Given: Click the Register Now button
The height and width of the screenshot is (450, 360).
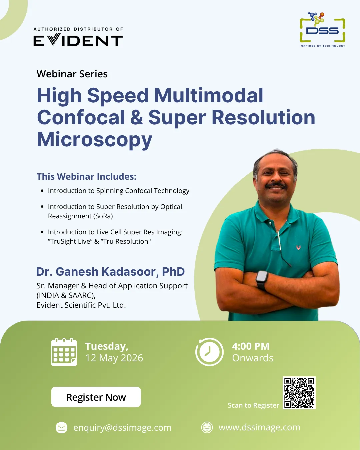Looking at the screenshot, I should coord(96,397).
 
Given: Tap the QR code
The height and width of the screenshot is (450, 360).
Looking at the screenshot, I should coord(299,393).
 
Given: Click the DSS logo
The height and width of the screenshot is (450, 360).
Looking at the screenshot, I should coord(322,30).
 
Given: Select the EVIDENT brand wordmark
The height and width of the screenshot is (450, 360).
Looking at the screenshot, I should coord(78,41).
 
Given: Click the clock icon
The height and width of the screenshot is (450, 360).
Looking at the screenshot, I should coord(209,352).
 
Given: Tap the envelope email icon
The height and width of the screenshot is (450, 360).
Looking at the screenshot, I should coord(62,427).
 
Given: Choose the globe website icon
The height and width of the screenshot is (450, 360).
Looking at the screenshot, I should coord(207,427).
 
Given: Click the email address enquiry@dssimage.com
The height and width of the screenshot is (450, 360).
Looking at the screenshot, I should coord(122,427).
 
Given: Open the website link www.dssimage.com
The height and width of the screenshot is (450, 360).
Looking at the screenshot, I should coord(259,427).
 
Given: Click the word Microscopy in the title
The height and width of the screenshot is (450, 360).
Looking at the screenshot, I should coord(95,139).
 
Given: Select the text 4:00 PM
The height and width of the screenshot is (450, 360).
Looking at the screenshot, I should coord(251,346).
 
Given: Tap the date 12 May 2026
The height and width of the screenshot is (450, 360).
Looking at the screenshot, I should coord(114,358).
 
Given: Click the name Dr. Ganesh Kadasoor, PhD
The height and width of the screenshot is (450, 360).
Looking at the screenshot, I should coord(110,272).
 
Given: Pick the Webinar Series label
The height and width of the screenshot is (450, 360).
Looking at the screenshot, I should coord(72,74).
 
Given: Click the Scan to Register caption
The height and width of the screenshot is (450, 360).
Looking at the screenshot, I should coord(253,405).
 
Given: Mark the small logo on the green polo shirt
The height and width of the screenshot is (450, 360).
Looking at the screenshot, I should coord(298,247).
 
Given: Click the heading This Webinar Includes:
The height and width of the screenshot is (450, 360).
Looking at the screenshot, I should coord(86,176).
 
